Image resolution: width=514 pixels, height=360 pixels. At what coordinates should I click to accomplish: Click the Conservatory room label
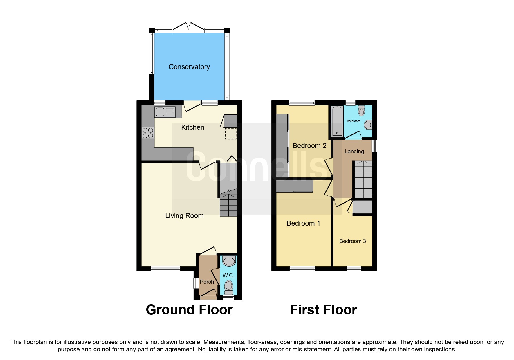tap(189, 67)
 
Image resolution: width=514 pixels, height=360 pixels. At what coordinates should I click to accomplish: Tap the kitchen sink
tap(165, 112)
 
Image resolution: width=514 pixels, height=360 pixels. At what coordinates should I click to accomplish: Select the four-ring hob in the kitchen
tap(148, 133)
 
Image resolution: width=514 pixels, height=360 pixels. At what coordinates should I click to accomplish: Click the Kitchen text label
tap(192, 127)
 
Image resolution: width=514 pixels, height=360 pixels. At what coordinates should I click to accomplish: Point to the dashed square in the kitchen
tap(230, 134)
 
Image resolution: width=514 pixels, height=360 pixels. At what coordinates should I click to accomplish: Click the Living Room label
tap(184, 216)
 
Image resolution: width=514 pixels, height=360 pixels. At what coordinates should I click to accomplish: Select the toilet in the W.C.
tap(229, 287)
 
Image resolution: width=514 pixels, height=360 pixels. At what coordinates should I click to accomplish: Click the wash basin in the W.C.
tap(229, 261)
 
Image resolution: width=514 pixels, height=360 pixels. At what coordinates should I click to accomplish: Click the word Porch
tap(207, 282)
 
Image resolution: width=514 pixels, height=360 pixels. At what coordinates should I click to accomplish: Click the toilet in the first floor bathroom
tap(361, 111)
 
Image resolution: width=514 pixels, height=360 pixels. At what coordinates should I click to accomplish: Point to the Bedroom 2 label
tap(309, 146)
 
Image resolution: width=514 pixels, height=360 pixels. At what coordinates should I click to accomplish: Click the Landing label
tap(354, 151)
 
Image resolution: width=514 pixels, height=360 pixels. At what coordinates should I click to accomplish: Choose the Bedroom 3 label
tap(352, 241)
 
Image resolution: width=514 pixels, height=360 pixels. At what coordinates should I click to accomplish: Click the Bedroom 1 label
tap(303, 223)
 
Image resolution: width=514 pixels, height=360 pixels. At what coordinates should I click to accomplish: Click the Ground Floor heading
tap(189, 310)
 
